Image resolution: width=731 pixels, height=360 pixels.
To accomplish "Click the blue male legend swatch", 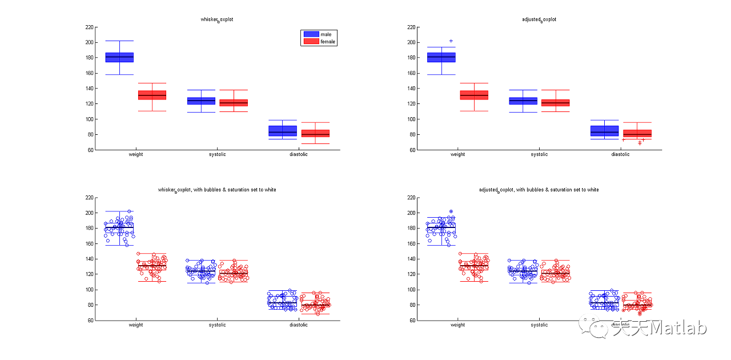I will (311, 34).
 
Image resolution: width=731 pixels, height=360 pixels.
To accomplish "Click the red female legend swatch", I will (311, 42).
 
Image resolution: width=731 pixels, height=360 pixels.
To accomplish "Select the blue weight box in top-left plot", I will (119, 57).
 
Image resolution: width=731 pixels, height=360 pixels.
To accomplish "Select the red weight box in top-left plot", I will (152, 95).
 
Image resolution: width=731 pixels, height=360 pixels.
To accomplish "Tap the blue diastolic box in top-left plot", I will (283, 131).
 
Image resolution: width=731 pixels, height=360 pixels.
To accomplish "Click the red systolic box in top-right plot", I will (555, 103).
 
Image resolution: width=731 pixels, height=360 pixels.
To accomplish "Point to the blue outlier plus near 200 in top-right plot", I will (451, 41).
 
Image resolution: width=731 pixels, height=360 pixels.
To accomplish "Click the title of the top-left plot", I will (218, 19).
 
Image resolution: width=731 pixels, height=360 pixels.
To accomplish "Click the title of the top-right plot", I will (539, 19).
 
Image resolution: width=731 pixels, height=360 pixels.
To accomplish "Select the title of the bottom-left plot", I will (218, 190).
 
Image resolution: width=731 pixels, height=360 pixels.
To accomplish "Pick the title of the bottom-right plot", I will (539, 190).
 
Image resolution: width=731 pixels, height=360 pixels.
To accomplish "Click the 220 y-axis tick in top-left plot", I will (89, 27).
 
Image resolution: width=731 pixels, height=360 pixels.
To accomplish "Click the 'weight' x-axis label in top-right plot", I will (457, 154).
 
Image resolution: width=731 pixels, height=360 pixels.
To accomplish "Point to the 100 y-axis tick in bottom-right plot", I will (411, 289).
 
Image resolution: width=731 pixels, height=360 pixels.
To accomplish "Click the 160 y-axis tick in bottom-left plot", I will (89, 243).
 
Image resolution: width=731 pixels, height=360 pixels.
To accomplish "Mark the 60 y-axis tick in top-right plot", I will (412, 150).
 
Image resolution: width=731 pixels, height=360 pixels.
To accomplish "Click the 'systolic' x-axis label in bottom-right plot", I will (539, 325).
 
